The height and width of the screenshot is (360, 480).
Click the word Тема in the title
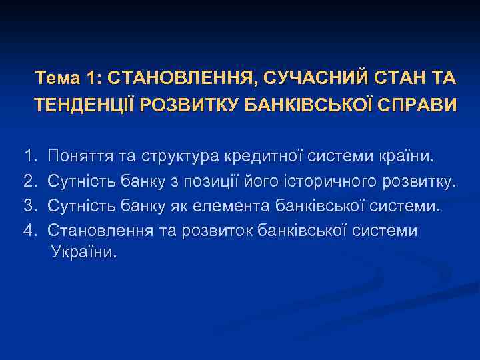pyautogui.click(x=58, y=79)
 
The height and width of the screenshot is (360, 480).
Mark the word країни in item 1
pyautogui.click(x=408, y=157)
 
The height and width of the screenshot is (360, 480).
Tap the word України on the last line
pyautogui.click(x=83, y=253)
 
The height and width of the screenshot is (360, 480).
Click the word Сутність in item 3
pyautogui.click(x=83, y=206)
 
